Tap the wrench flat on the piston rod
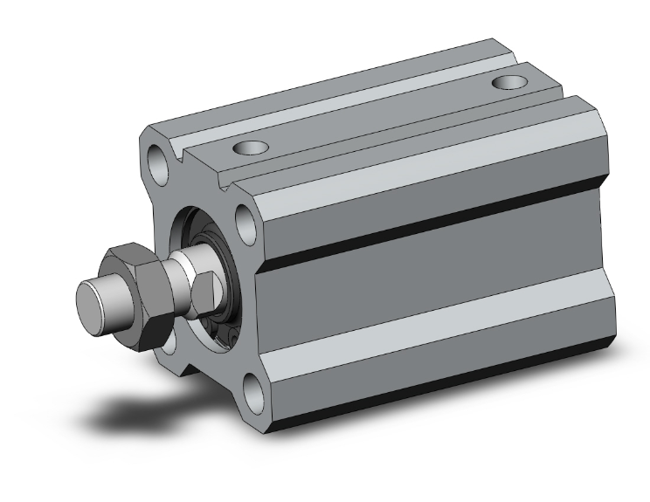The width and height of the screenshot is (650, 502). click(205, 288)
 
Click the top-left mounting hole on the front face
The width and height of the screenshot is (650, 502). click(158, 161)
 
